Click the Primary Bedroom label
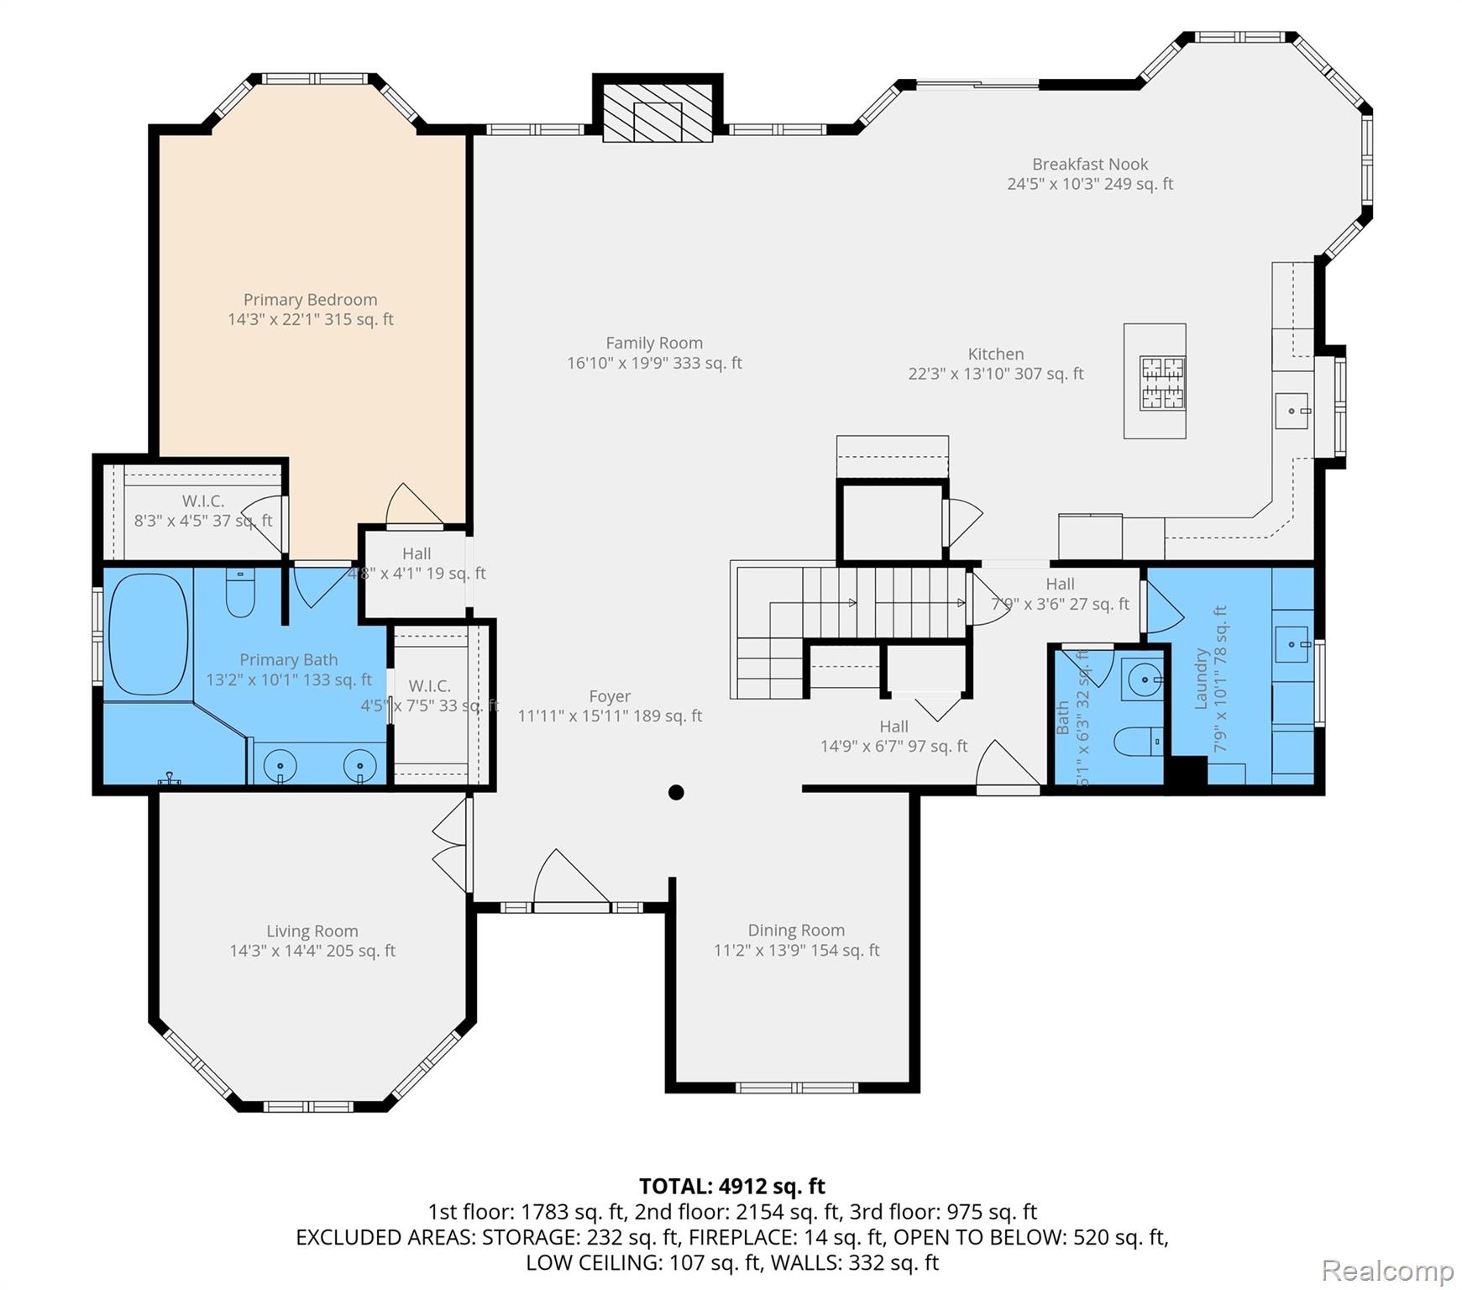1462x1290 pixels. (310, 300)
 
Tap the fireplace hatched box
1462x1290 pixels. (658, 113)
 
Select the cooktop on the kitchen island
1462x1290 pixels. (1162, 383)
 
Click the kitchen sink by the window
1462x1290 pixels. (1292, 411)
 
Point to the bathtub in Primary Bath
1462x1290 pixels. (148, 634)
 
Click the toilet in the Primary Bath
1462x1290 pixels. (240, 594)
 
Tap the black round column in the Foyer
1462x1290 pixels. (676, 792)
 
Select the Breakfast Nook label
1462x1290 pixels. (1090, 165)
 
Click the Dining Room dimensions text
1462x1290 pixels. (796, 951)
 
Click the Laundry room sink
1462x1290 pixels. (1292, 644)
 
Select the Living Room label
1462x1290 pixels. (312, 931)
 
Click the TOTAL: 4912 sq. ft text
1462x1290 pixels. (731, 1186)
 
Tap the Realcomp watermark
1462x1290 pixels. (1387, 1271)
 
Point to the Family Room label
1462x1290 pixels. (654, 343)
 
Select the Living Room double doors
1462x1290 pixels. (452, 845)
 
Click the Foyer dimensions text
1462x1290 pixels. (610, 716)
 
